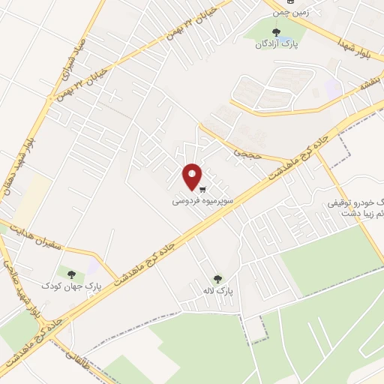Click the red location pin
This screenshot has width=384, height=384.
coord(193,176)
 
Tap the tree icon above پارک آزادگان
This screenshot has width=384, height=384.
coord(277,32)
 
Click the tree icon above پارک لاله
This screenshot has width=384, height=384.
coord(217,277)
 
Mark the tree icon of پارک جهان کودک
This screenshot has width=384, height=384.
coord(72,274)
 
